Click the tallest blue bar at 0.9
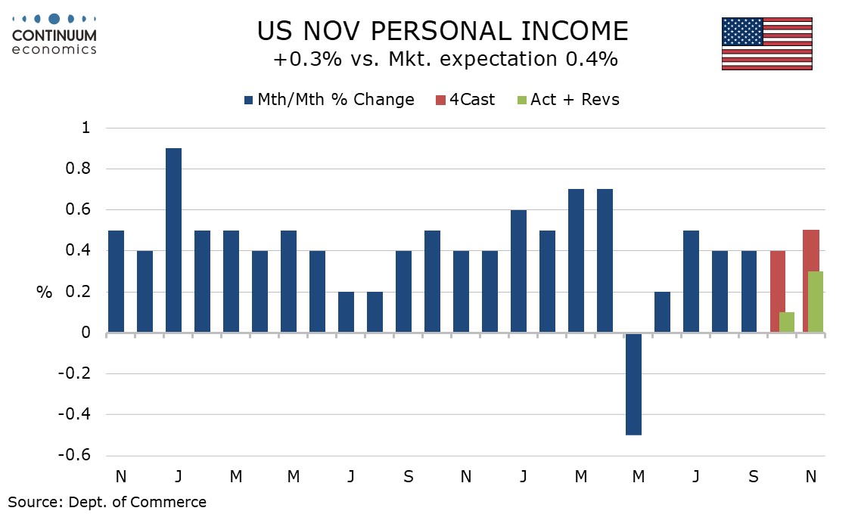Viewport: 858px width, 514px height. [x=173, y=240]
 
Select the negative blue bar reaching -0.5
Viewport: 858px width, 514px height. [x=633, y=383]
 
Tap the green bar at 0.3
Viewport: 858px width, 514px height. [x=814, y=302]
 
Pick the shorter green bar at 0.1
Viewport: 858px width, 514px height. [x=787, y=322]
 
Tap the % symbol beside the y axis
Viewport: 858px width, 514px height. [x=44, y=293]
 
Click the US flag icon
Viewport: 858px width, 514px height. [x=766, y=44]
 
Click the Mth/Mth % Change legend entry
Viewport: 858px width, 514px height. [x=329, y=100]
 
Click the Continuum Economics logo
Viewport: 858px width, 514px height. [x=54, y=34]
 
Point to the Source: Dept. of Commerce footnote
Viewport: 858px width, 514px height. [x=107, y=501]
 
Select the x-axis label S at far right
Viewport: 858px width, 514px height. [x=753, y=477]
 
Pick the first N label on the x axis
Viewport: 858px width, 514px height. [x=120, y=477]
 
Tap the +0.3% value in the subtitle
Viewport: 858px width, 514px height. [x=300, y=59]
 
